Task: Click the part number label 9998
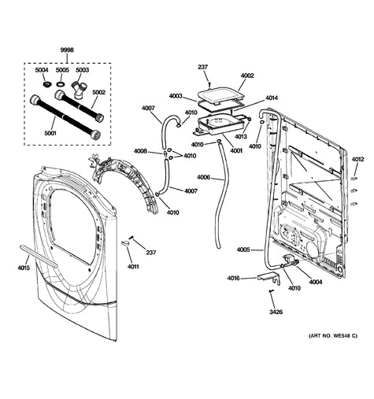(x=67, y=50)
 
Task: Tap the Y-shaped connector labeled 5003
(x=80, y=89)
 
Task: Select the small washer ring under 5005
(x=61, y=84)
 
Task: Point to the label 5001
(x=50, y=133)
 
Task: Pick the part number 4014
(x=272, y=98)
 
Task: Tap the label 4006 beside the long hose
(x=203, y=178)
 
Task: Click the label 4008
(x=140, y=151)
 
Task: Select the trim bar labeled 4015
(x=38, y=256)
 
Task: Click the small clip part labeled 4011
(x=126, y=243)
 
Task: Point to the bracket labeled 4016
(x=268, y=279)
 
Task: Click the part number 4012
(x=358, y=159)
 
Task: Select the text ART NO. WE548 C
(x=333, y=335)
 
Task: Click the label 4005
(x=243, y=249)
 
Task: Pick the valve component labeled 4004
(x=290, y=261)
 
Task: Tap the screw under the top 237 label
(x=209, y=84)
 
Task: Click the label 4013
(x=241, y=136)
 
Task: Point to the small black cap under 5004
(x=46, y=84)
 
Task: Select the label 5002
(x=98, y=92)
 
